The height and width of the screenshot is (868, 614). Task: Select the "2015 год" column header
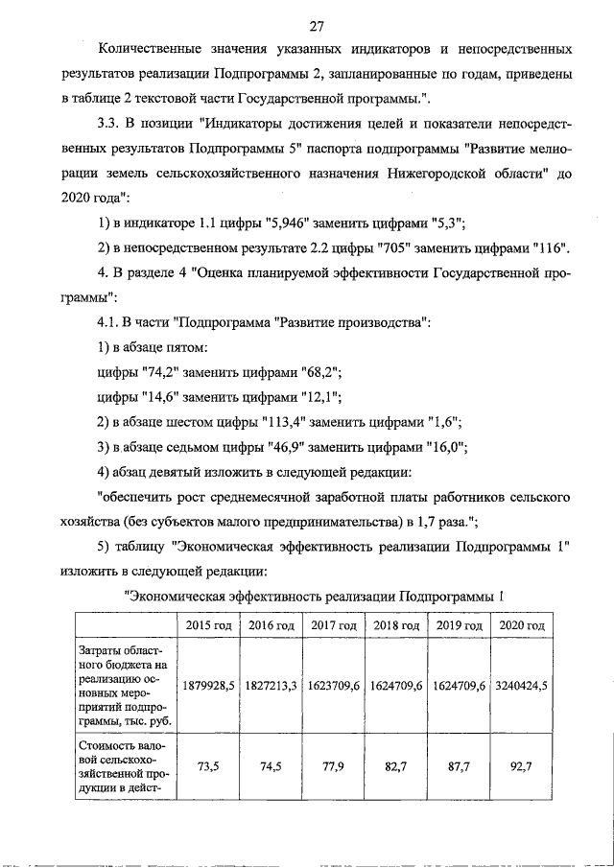(209, 625)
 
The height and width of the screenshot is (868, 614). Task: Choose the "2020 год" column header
(523, 625)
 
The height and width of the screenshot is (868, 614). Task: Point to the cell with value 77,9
(335, 768)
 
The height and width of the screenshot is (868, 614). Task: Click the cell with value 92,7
(523, 768)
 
